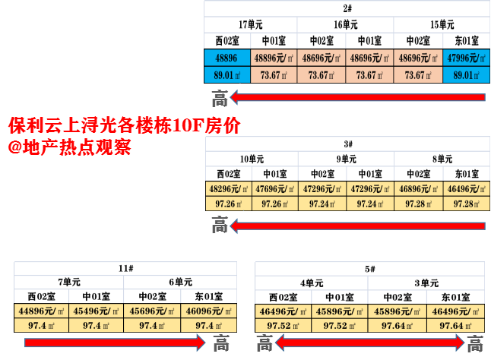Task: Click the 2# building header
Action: click(x=347, y=9)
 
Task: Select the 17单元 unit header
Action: click(x=252, y=24)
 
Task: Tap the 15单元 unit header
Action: click(x=442, y=24)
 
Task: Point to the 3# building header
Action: click(x=347, y=144)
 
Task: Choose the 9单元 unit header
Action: click(x=346, y=159)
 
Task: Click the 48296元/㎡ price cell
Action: click(x=226, y=189)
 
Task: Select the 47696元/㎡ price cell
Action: click(x=274, y=189)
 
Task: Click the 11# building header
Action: click(x=126, y=269)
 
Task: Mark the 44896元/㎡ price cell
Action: click(x=42, y=311)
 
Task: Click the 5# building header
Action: click(x=369, y=269)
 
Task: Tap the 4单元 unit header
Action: click(x=312, y=283)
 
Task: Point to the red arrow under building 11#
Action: click(x=110, y=343)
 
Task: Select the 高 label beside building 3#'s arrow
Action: click(x=220, y=225)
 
